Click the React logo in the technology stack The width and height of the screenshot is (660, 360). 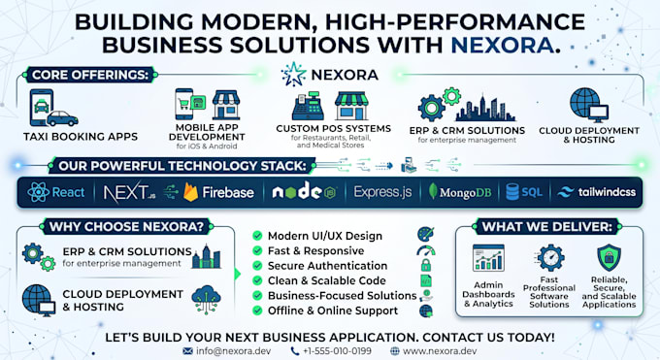[38, 192]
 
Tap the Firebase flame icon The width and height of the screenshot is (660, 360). [190, 192]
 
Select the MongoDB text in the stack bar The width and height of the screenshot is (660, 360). [465, 193]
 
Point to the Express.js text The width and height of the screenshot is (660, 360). [382, 192]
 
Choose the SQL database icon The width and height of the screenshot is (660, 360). [512, 192]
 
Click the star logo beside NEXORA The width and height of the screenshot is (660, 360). [293, 75]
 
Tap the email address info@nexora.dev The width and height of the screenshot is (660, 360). [233, 350]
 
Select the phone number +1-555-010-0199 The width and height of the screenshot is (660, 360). [337, 350]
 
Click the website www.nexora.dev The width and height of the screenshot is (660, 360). [440, 350]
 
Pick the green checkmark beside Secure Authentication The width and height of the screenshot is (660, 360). [257, 266]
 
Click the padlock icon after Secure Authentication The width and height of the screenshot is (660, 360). [426, 265]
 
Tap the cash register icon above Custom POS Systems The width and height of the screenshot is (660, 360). [308, 106]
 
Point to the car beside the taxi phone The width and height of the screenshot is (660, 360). [62, 118]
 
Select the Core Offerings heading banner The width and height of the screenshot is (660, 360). [90, 75]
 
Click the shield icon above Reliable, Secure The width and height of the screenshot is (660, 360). [609, 257]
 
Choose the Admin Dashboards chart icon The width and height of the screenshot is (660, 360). [488, 257]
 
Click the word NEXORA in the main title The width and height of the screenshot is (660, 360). [502, 45]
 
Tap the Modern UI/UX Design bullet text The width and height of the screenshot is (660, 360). [325, 236]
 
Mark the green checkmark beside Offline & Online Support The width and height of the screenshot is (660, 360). [257, 311]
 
